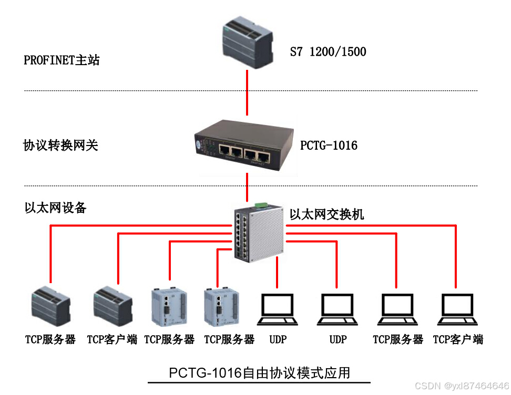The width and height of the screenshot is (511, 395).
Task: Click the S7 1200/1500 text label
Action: point(328,52)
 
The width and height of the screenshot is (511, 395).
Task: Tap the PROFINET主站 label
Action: point(62,60)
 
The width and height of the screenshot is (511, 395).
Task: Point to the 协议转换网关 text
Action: point(61,145)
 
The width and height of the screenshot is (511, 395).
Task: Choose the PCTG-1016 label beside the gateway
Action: point(329,145)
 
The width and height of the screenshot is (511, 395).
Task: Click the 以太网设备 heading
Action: point(55,208)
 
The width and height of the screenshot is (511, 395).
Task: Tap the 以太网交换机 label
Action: point(326,214)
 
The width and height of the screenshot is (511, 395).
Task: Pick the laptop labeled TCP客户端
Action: point(457,309)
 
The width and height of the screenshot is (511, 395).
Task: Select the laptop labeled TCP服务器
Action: point(398,309)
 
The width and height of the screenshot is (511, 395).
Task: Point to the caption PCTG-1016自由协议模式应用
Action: point(259,373)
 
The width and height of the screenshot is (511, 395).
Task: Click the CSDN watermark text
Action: point(462,386)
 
